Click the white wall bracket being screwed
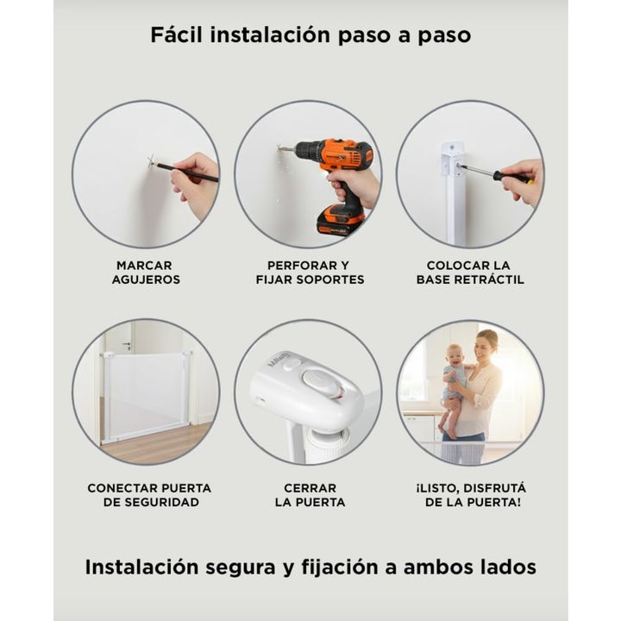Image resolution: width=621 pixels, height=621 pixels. coord(452,159)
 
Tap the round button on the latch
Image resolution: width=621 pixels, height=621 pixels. coord(317,379)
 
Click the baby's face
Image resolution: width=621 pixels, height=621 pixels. coord(455,355)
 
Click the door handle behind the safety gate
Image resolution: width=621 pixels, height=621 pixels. coord(127,344)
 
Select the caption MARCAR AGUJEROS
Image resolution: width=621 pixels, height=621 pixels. coord(146,272)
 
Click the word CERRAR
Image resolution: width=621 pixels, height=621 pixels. coord(310,488)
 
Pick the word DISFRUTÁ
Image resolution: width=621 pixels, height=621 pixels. coord(495,487)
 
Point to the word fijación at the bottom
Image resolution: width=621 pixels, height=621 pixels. coord(340,568)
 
